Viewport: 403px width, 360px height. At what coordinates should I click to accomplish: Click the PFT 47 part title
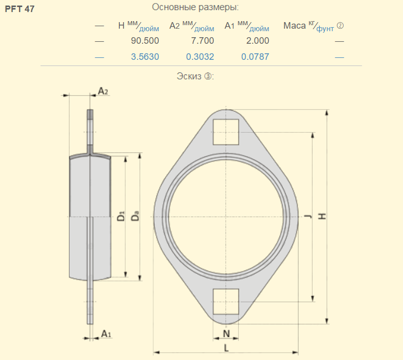tap(20, 9)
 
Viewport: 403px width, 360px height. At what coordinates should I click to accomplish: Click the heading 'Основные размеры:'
tap(195, 7)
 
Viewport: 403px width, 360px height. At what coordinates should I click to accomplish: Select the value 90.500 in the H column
tap(145, 41)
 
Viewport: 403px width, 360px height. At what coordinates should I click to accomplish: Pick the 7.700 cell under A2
tap(203, 41)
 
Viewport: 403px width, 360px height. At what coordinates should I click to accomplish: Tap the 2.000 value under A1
tap(257, 41)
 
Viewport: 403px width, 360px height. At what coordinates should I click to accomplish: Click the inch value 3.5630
tap(145, 57)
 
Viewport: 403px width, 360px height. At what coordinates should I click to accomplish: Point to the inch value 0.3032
tap(200, 57)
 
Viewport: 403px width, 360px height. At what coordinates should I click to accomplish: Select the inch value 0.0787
tap(255, 57)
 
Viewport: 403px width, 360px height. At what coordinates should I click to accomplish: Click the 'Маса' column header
tap(295, 26)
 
